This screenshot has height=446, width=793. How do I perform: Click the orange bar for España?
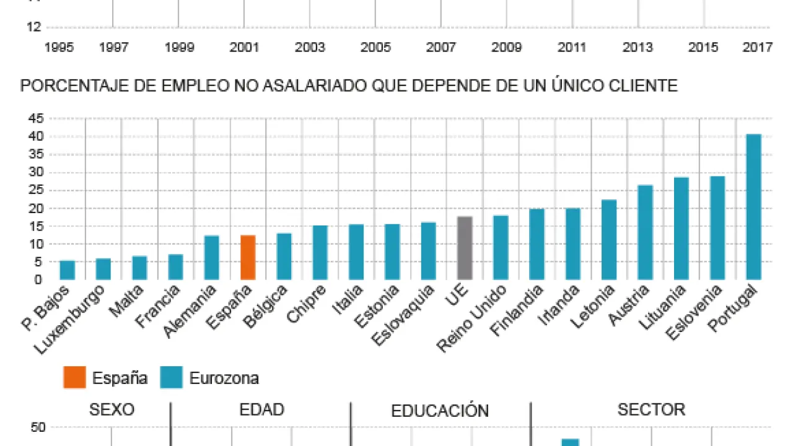point(248,257)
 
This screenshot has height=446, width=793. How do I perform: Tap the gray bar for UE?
point(465,248)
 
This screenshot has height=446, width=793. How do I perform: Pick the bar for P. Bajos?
point(67,270)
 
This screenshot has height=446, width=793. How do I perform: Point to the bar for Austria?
point(646,232)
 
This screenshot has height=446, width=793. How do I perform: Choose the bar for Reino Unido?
point(501,247)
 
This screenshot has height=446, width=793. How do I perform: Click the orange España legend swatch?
point(74,377)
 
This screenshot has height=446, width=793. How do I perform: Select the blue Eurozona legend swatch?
point(171,377)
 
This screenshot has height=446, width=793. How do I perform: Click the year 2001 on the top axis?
point(244,48)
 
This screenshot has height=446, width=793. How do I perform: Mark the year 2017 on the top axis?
point(757,48)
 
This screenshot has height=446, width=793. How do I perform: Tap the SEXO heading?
point(112,409)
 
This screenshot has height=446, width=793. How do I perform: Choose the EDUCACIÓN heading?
point(440,411)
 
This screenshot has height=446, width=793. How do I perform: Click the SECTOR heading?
point(651,409)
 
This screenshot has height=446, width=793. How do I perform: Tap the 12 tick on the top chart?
point(35,27)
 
